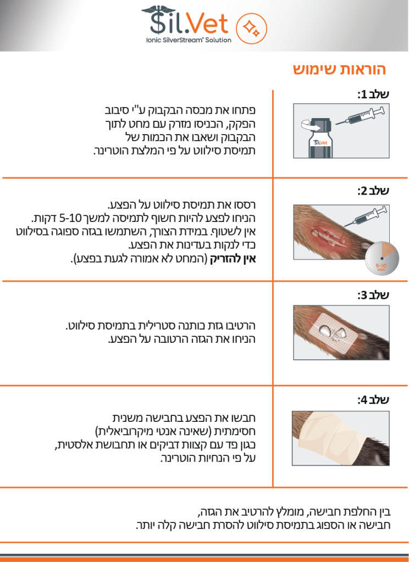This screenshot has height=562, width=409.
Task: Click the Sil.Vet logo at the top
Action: pyautogui.click(x=186, y=24)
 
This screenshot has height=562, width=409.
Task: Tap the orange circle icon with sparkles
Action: pyautogui.click(x=251, y=29)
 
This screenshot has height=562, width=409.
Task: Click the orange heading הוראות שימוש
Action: pyautogui.click(x=339, y=69)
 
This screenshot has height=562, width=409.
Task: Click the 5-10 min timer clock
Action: pyautogui.click(x=382, y=258)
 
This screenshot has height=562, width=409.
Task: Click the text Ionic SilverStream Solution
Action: pyautogui.click(x=189, y=40)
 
